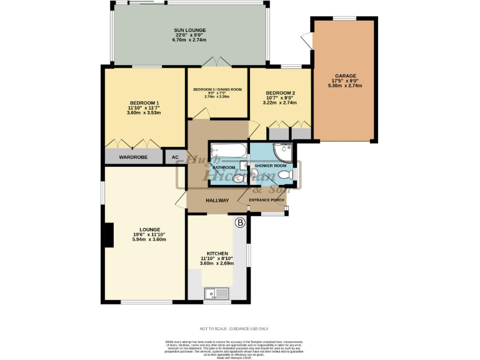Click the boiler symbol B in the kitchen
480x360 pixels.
239,222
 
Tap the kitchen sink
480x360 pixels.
217,292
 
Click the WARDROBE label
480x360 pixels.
133,157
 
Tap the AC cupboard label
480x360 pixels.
175,157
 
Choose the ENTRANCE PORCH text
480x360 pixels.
267,200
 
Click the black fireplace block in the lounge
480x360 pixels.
108,236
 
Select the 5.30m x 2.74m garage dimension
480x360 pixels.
346,86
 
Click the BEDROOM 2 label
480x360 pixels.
280,92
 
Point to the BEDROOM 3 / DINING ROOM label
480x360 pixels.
217,89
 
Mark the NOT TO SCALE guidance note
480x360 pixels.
234,328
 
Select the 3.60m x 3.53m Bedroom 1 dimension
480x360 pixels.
144,113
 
